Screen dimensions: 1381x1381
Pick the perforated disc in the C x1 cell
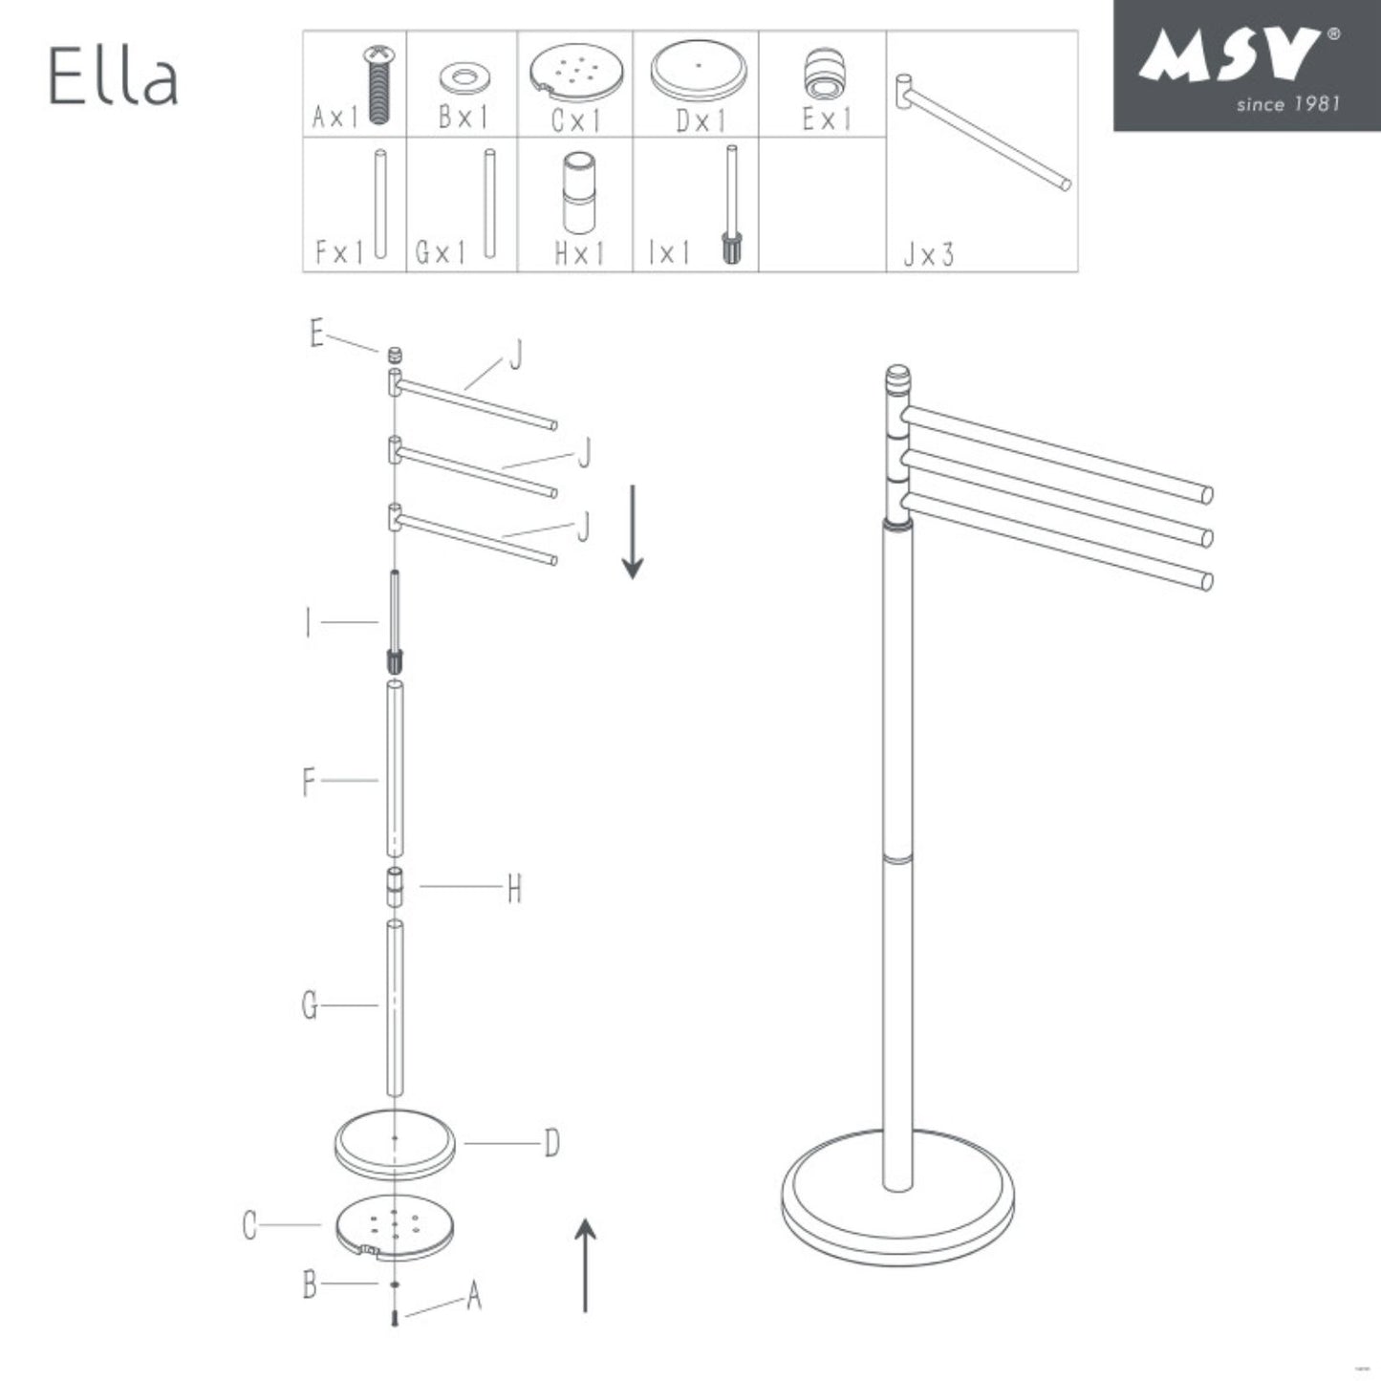[577, 74]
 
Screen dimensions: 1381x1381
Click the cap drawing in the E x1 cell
[823, 76]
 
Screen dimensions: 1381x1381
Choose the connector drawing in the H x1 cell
[578, 193]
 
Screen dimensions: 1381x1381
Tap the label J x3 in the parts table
[928, 255]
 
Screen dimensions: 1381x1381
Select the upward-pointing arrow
[585, 1265]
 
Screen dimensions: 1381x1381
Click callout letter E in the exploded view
[317, 334]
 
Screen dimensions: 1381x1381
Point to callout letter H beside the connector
[514, 890]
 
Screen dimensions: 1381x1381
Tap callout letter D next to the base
[551, 1143]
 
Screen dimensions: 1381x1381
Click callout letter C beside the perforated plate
[250, 1225]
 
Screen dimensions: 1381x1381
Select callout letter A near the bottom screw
[474, 1297]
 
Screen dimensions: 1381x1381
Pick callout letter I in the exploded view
[308, 624]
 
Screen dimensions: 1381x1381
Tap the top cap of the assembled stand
[897, 375]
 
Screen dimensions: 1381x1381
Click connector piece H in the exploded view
[394, 887]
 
